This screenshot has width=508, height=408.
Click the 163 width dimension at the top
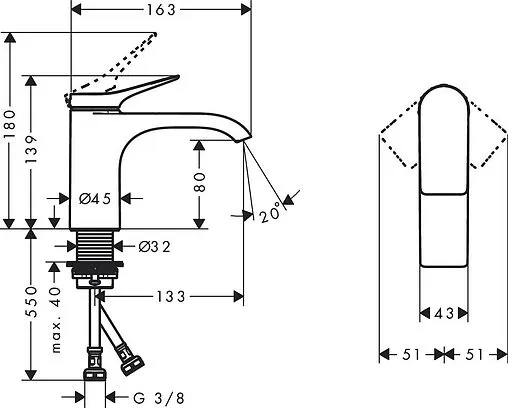(x=161, y=10)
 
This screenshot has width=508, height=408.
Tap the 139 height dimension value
(x=31, y=149)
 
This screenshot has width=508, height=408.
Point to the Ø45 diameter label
(x=95, y=199)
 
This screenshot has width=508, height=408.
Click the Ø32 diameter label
(x=155, y=247)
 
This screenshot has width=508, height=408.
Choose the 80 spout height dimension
(x=199, y=182)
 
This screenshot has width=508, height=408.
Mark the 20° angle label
(x=270, y=212)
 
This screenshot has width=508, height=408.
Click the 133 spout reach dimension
(x=171, y=296)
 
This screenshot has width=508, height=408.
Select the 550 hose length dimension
(x=31, y=301)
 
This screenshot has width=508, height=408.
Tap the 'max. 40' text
(x=56, y=320)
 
